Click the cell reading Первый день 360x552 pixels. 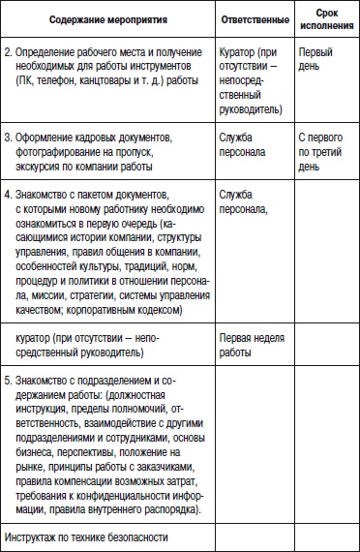pyautogui.click(x=315, y=56)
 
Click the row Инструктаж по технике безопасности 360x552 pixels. pyautogui.click(x=86, y=536)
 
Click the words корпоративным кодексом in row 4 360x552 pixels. pyautogui.click(x=131, y=311)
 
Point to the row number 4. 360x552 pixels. pyautogui.click(x=9, y=194)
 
